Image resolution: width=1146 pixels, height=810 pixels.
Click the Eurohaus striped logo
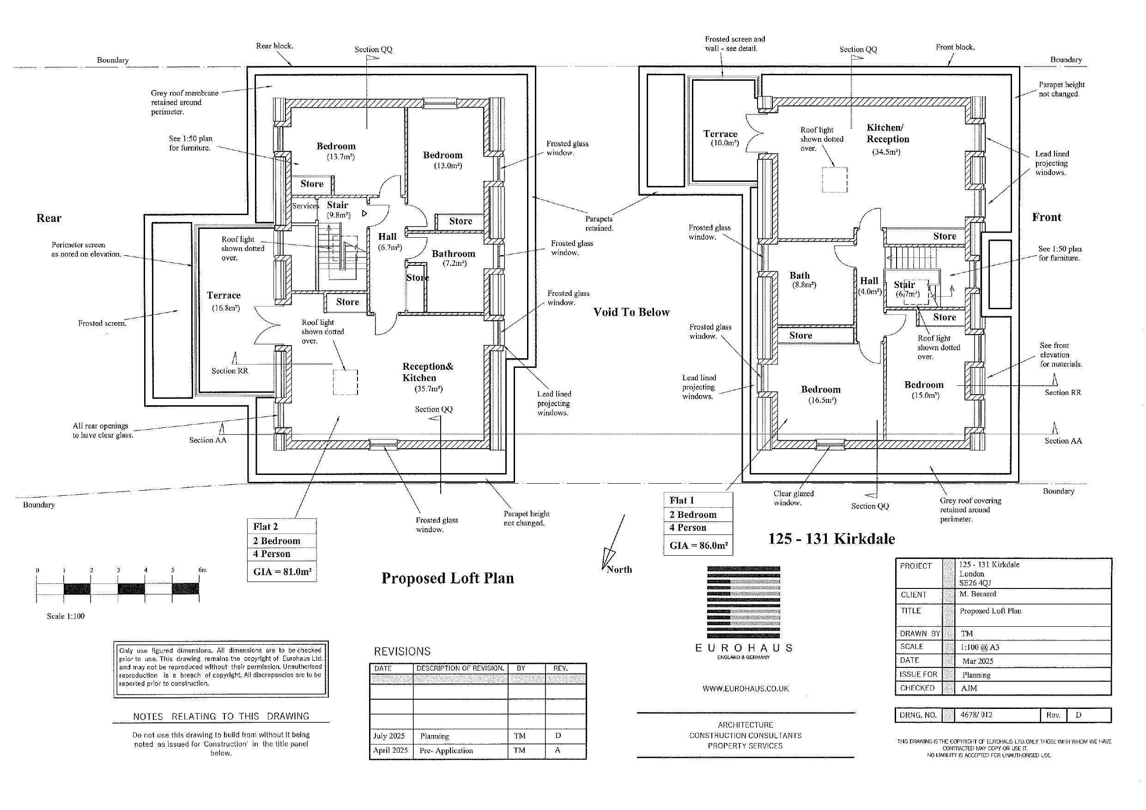point(744,602)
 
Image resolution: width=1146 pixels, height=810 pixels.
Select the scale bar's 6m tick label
point(202,570)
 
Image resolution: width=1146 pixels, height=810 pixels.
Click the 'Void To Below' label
point(631,312)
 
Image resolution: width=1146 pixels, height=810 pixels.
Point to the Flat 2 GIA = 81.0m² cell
point(282,571)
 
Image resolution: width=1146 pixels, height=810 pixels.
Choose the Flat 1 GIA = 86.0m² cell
point(698,545)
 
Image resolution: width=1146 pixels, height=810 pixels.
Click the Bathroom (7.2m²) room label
point(453,258)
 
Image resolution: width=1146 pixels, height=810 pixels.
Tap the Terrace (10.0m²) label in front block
point(720,138)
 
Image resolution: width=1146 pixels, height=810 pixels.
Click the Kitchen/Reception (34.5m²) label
point(887,139)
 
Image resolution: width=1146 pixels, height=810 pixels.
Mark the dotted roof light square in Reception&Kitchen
point(346,382)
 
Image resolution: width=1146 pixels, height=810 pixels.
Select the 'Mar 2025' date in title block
point(978,661)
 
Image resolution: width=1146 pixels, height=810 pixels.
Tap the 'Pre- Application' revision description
point(446,750)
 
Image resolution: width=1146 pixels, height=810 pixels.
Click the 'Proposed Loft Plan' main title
point(447,578)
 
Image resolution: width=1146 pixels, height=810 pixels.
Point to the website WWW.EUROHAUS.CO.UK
point(745,688)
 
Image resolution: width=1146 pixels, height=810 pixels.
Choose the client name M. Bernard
point(977,594)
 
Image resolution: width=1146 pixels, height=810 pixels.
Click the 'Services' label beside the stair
point(305,206)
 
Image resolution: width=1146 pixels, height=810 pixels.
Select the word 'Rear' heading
point(49,218)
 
